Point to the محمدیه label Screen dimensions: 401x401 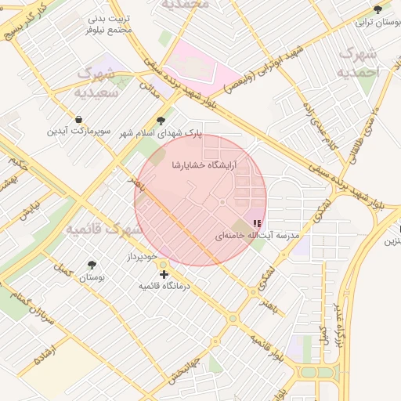(x=186, y=5)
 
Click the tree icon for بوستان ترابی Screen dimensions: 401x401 (x=378, y=9)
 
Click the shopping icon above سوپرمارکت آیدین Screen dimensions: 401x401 (x=78, y=119)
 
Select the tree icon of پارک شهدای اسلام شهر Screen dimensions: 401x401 (x=161, y=121)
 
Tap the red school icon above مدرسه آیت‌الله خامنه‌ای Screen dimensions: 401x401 (x=258, y=224)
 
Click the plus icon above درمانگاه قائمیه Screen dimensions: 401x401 (x=164, y=274)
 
